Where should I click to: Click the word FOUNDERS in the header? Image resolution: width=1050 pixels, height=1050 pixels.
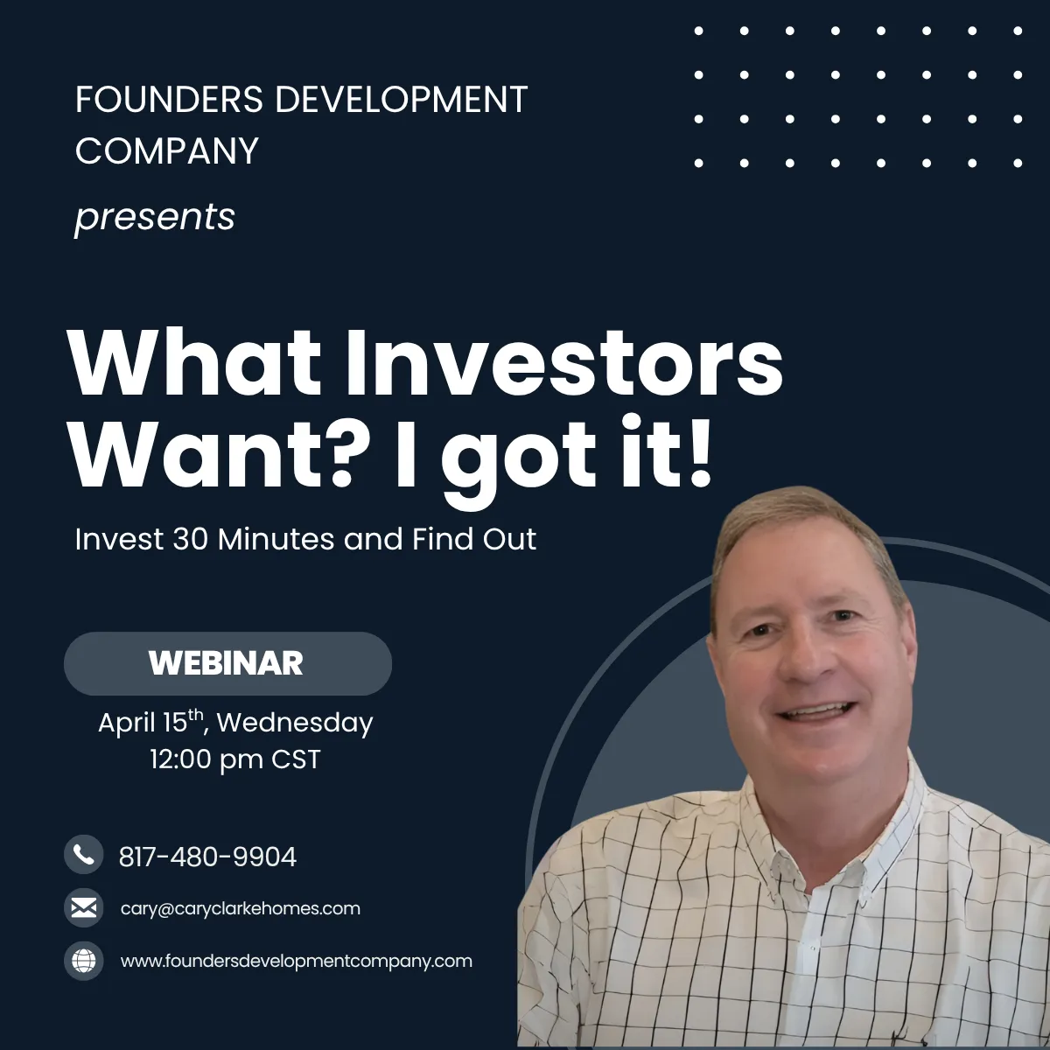pos(170,99)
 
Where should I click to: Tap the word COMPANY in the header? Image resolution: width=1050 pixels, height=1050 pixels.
pos(167,150)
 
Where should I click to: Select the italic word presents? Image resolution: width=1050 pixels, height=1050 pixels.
pos(155,218)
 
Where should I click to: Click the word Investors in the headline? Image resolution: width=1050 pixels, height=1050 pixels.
pos(564,363)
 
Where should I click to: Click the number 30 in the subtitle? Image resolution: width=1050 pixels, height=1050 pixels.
pos(190,540)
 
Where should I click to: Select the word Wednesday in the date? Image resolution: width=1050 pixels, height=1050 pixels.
pos(295,723)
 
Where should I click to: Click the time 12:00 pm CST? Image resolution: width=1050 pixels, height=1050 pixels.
pos(235,759)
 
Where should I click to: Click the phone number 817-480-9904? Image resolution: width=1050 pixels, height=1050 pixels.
pos(207,857)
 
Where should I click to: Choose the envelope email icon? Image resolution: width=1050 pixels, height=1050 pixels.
pos(84,907)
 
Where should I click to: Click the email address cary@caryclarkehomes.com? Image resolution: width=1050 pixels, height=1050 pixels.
pos(241,908)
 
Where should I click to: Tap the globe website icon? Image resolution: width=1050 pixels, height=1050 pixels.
pos(84,961)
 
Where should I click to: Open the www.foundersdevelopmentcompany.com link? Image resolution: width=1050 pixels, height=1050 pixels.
pos(297,961)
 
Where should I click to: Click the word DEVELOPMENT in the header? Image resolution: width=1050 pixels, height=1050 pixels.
pos(401,99)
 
